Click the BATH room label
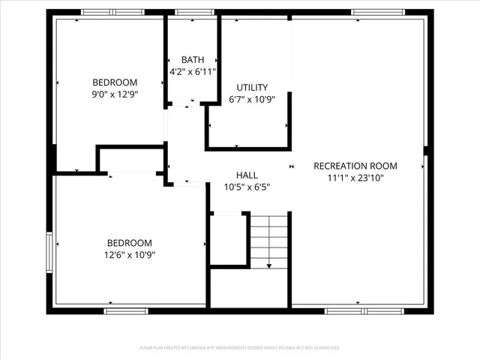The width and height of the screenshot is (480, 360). coord(193,60)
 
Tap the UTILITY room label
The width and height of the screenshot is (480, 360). coord(252,88)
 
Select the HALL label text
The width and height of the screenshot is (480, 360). coord(247,175)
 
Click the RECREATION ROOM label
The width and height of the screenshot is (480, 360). coord(355,166)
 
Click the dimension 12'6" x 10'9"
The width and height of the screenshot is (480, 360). coord(129,254)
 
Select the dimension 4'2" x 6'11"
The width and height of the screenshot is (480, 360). coord(193,72)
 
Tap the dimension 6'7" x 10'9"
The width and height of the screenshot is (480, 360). coord(252,100)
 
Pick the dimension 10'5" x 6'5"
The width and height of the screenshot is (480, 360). coord(247,187)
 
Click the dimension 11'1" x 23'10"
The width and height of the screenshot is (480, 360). coord(355,178)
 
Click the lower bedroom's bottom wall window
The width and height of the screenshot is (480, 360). coord(126,310)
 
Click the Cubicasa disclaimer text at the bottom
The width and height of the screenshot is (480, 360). coord(239,348)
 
